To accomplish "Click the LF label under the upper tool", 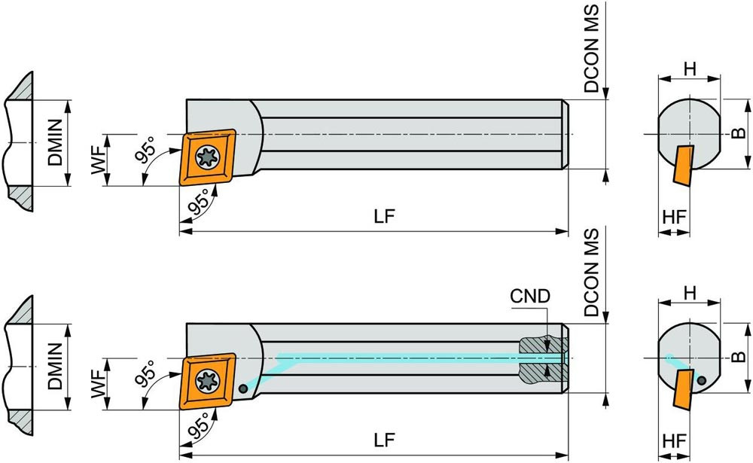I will click(x=385, y=216).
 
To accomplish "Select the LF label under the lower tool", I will click(x=385, y=439).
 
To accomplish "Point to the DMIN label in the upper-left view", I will click(x=55, y=142).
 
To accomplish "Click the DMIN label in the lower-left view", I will click(x=55, y=367).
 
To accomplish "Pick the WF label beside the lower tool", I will click(x=97, y=383).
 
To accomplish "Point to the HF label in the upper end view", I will click(x=675, y=216).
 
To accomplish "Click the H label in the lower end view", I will click(x=689, y=291).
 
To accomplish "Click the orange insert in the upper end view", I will click(x=683, y=165).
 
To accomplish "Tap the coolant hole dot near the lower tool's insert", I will click(x=244, y=388).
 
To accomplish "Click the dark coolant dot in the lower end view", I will click(x=703, y=380).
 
